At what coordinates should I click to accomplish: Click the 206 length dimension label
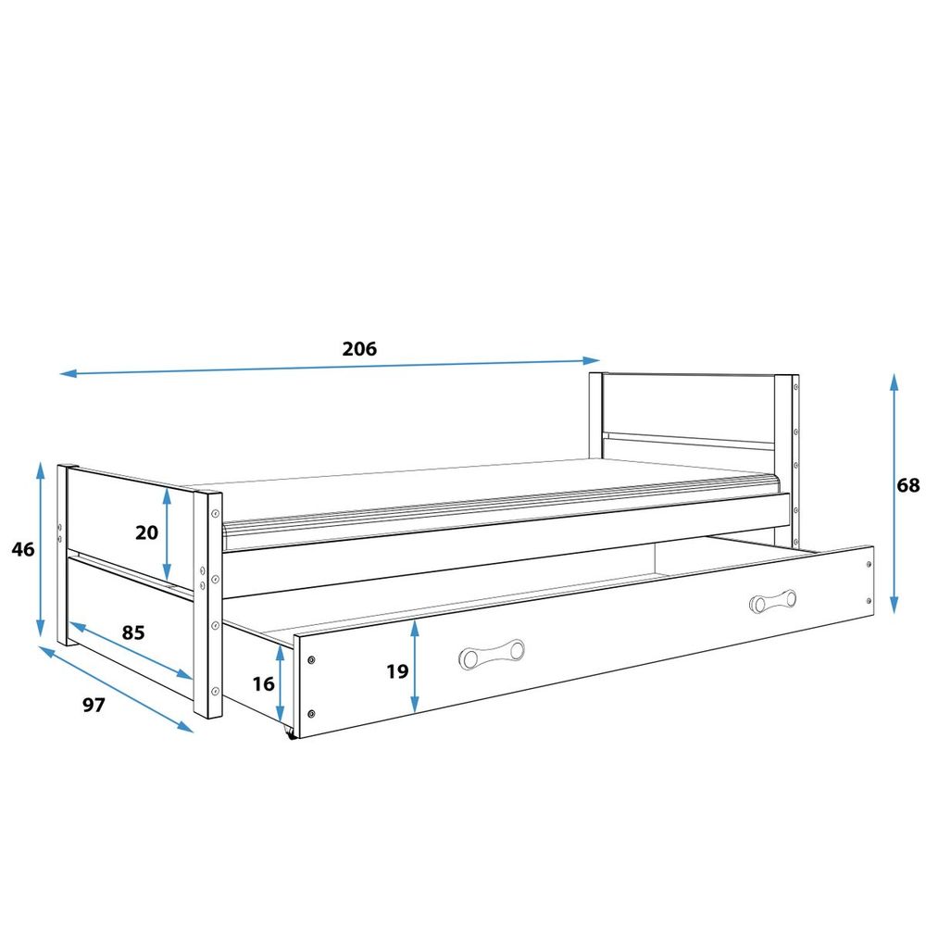(x=359, y=349)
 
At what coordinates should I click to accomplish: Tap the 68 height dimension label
(x=907, y=485)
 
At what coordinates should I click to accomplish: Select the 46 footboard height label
(x=23, y=549)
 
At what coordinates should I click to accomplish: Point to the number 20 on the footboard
(x=146, y=532)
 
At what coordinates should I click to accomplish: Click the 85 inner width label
(x=132, y=632)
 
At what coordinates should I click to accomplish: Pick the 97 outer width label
(x=94, y=705)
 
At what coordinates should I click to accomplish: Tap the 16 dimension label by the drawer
(x=263, y=684)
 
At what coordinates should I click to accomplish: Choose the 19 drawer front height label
(x=397, y=671)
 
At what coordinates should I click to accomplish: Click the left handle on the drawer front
(x=492, y=654)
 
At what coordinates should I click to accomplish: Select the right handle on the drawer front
(x=772, y=601)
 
